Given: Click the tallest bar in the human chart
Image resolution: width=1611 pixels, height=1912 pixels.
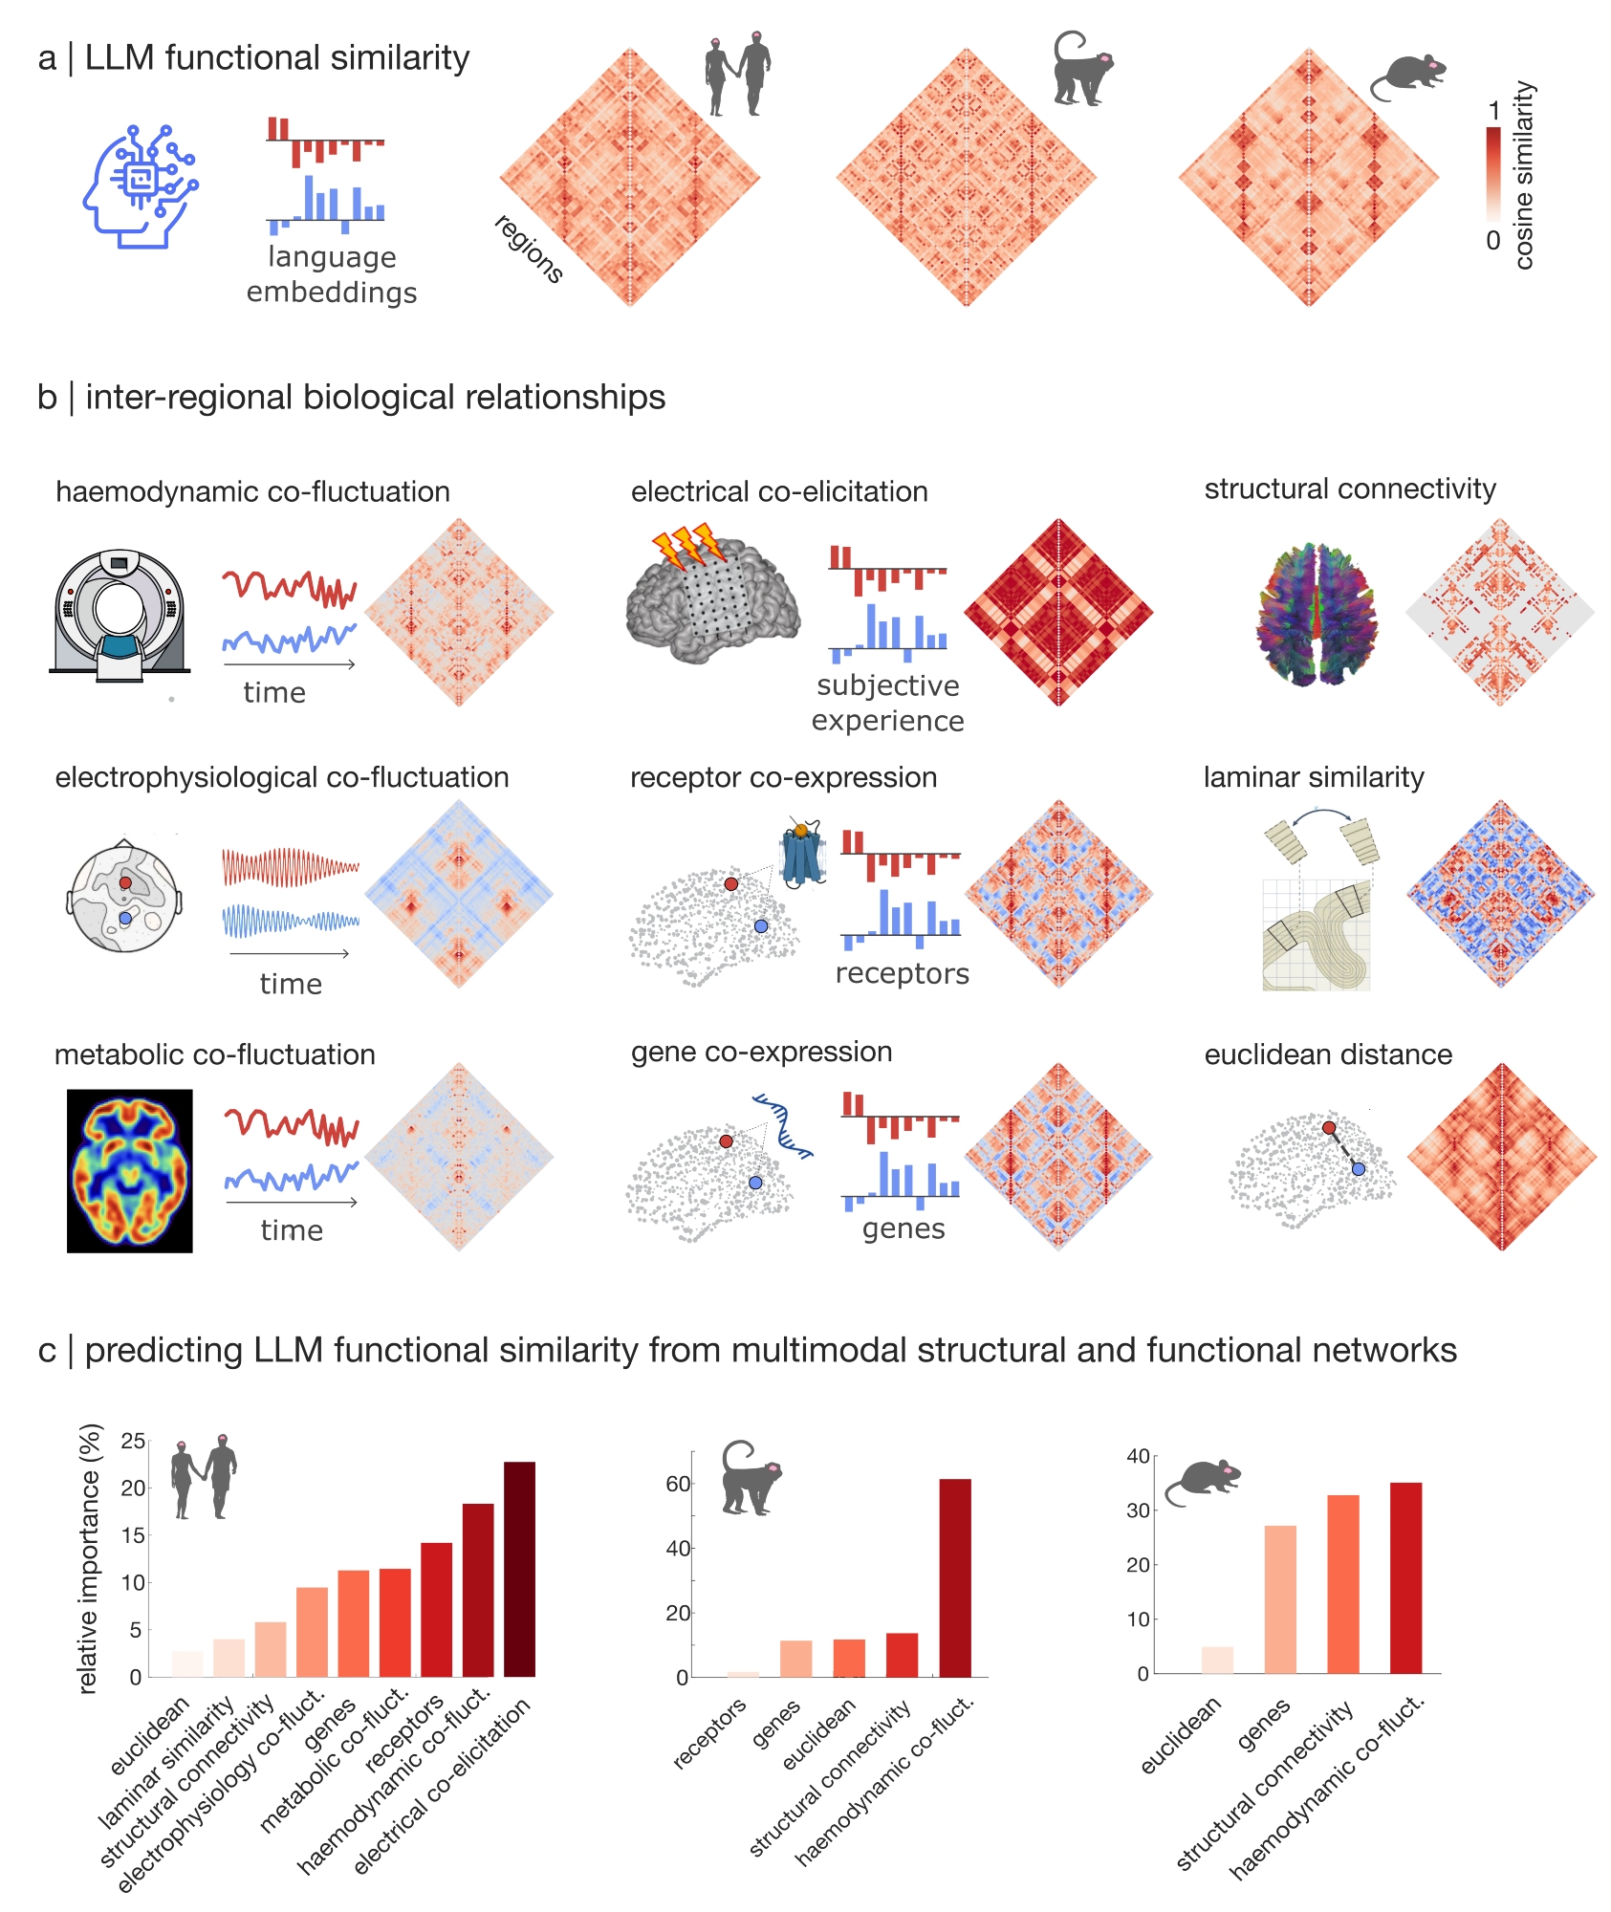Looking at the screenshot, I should pos(519,1568).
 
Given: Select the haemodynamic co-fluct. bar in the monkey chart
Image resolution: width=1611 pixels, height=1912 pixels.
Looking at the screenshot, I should pos(954,1577).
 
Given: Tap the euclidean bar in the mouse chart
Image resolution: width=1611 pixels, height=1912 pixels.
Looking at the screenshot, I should pos(1217,1660).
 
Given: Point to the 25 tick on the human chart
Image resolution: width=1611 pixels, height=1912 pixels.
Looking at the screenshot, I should pos(134,1441).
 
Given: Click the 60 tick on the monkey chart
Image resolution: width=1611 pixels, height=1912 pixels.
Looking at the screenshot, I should pos(678,1484).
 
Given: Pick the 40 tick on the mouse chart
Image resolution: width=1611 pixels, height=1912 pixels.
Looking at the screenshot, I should pos(1138,1456).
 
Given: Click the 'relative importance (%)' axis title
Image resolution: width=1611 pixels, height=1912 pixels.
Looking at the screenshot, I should pos(88,1558).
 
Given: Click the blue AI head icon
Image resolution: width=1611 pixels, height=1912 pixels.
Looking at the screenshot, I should pos(140,186).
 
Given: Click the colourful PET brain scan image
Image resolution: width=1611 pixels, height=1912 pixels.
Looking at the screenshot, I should pos(129,1170).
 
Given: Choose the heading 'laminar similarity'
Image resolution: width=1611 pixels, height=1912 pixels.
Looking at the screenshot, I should pos(1313,777).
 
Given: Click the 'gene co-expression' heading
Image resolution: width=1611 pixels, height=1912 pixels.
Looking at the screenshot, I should pos(761,1052).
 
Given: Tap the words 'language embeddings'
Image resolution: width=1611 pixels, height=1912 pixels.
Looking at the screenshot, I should pos(332,274).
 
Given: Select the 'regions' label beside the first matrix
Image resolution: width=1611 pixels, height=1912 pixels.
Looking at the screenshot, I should pos(528,250).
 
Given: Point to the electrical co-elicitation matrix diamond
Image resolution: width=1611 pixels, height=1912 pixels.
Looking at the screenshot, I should pos(1058,612).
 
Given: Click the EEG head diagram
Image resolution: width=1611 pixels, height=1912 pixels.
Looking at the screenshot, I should pos(124,896).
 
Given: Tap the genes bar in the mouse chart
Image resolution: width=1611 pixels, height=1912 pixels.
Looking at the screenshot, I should pos(1279,1598).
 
